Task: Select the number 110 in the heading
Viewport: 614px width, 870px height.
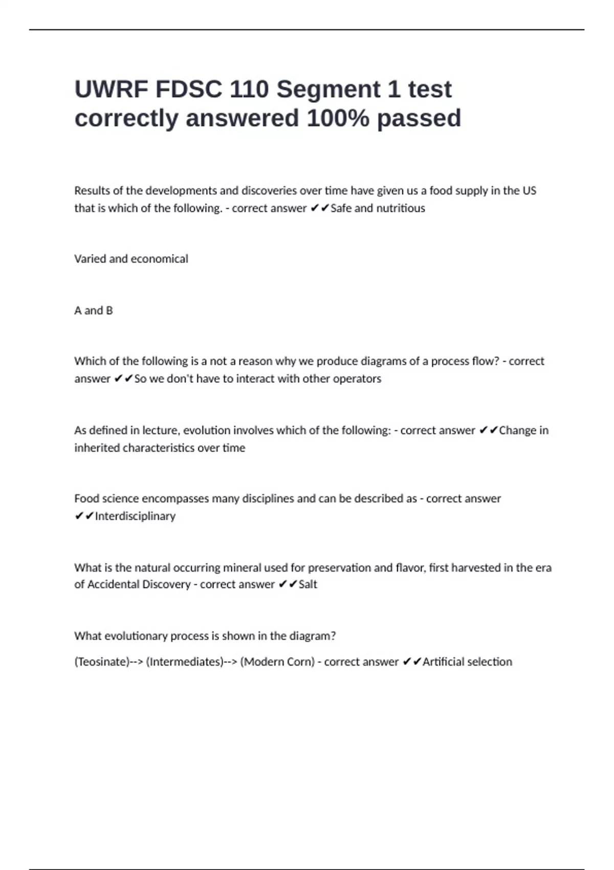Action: coord(249,90)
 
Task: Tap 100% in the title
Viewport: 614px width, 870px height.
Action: coord(338,118)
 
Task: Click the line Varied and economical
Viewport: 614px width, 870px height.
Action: coord(131,259)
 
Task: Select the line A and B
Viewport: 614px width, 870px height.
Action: coord(93,311)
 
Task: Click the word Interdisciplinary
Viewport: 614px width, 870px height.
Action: coord(135,516)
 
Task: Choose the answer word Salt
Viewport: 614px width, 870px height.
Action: coord(308,584)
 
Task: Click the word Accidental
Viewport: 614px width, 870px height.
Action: coord(113,584)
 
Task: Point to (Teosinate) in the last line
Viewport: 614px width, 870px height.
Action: coord(102,662)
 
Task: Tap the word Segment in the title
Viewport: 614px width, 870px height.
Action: coord(327,90)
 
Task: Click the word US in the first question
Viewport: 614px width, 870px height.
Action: coord(529,191)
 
